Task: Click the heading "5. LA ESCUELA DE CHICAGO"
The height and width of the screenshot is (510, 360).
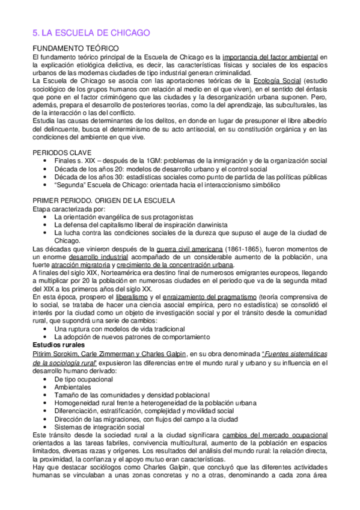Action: coord(90,33)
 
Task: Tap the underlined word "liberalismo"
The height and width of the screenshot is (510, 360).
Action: coord(124,298)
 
